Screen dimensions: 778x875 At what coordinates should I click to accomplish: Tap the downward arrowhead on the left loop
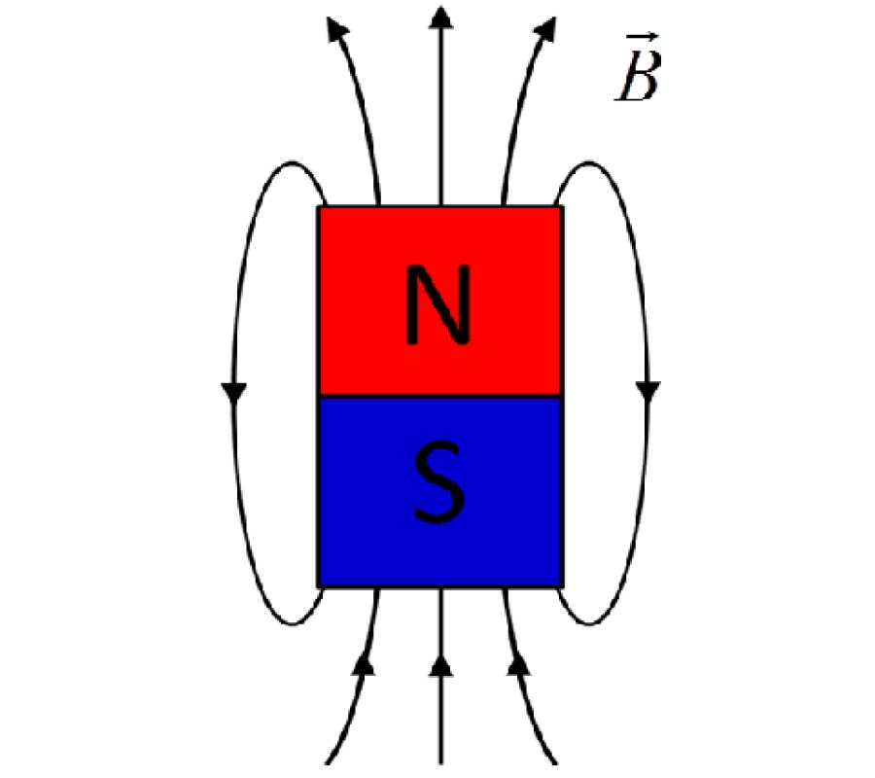[234, 392]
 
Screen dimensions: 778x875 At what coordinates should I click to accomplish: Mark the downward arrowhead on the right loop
[648, 392]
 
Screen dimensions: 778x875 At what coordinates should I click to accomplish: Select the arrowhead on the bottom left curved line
[364, 665]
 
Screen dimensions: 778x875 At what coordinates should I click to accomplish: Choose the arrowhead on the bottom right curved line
[517, 665]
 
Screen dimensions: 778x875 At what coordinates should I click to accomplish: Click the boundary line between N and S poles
[439, 396]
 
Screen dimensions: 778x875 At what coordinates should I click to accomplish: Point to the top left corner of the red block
[320, 207]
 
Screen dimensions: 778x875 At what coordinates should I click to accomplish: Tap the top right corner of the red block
[561, 207]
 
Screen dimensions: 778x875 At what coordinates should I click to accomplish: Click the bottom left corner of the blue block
[320, 585]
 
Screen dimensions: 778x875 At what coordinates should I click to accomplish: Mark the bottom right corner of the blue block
[561, 585]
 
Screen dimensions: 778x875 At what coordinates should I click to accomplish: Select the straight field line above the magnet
[440, 117]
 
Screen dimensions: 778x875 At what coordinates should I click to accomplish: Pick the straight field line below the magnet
[440, 720]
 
